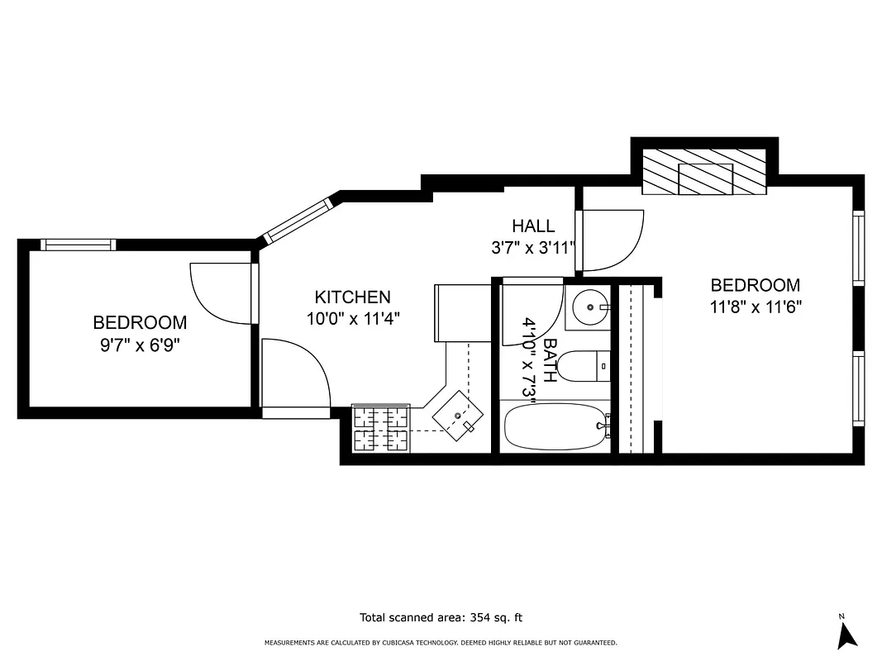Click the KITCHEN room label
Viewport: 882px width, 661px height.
pyautogui.click(x=352, y=297)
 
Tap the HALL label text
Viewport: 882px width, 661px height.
pyautogui.click(x=533, y=226)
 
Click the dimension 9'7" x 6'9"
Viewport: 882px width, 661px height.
pyautogui.click(x=140, y=345)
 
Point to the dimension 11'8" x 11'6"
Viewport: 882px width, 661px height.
pyautogui.click(x=756, y=307)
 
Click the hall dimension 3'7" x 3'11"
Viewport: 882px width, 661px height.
pyautogui.click(x=533, y=247)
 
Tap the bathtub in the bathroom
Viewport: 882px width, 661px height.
pyautogui.click(x=555, y=426)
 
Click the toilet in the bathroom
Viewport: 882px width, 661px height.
pyautogui.click(x=583, y=365)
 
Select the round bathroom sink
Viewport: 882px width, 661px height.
pyautogui.click(x=589, y=307)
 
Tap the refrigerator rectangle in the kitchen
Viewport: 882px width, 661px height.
pyautogui.click(x=462, y=313)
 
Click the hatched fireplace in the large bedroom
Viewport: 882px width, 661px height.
pyautogui.click(x=704, y=173)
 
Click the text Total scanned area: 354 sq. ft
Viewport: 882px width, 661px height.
pyautogui.click(x=441, y=617)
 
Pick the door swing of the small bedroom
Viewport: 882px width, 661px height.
pyautogui.click(x=219, y=293)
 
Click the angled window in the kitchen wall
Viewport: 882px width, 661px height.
pyautogui.click(x=298, y=220)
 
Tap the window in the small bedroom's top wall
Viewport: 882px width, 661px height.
pyautogui.click(x=79, y=244)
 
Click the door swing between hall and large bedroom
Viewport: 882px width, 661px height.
pyautogui.click(x=612, y=240)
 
